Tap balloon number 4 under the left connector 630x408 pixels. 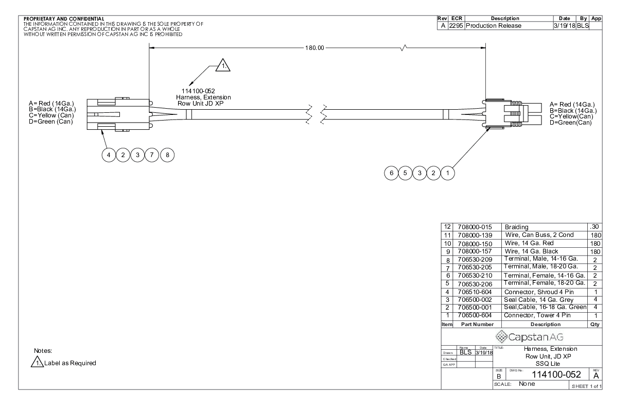pyautogui.click(x=109, y=155)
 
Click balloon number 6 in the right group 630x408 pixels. pyautogui.click(x=391, y=173)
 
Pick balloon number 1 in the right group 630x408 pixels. pyautogui.click(x=448, y=173)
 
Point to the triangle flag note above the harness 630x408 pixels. pyautogui.click(x=223, y=65)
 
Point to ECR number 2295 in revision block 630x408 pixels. pyautogui.click(x=456, y=26)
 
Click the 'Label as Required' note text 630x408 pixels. pyautogui.click(x=71, y=363)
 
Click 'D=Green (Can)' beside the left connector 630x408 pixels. pyautogui.click(x=51, y=122)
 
